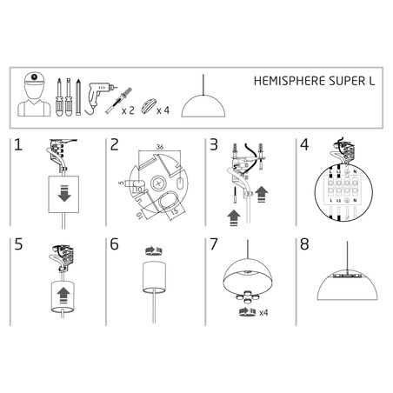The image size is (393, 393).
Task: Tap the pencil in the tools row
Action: (77, 98)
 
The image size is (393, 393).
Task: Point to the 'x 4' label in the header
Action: (162, 110)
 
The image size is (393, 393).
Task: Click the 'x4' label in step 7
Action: (263, 311)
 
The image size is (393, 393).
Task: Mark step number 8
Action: (303, 246)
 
